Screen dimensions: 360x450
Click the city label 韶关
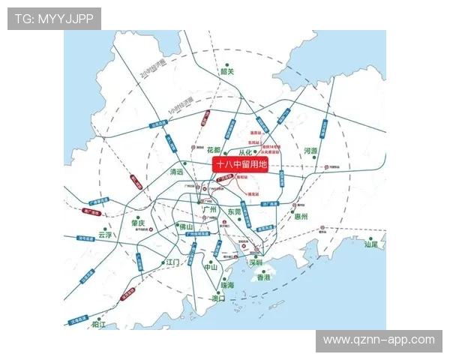(227, 72)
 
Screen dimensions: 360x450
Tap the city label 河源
(310, 151)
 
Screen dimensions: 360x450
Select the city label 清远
(177, 172)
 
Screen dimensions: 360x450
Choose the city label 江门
(173, 262)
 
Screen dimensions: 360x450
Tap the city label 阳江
(98, 325)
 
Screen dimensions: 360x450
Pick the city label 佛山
(186, 226)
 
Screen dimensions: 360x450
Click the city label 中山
(211, 267)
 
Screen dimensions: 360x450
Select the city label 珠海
(226, 285)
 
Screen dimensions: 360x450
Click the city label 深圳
(255, 262)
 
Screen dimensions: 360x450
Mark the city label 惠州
(301, 216)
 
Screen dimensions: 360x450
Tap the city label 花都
(214, 150)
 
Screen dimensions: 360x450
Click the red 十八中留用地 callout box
(240, 165)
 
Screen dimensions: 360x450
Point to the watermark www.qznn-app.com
(378, 340)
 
